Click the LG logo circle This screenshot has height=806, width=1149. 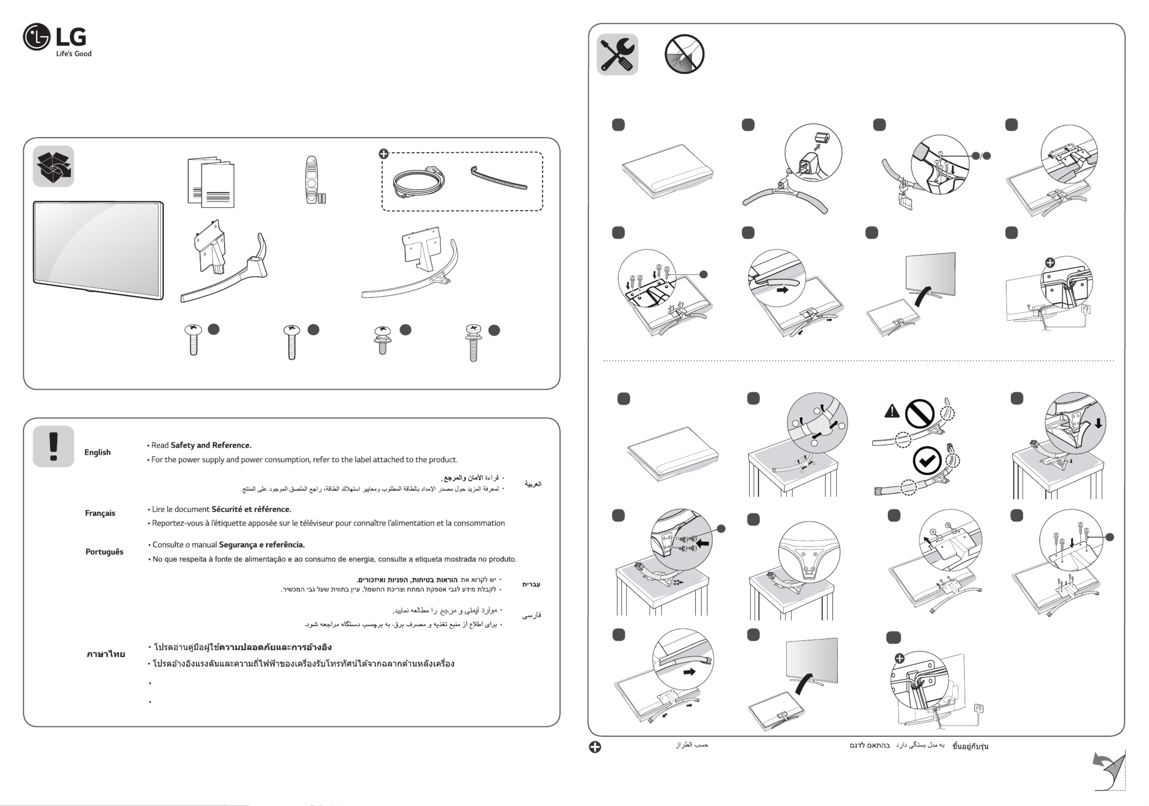[x=36, y=37]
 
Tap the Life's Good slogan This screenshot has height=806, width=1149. [x=74, y=54]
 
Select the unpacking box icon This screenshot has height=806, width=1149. [x=54, y=166]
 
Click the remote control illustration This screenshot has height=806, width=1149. [x=312, y=179]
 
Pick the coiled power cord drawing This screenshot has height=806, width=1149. [x=418, y=182]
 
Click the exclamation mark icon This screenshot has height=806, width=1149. [x=54, y=446]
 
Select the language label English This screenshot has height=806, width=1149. [x=98, y=452]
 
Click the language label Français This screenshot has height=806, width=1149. [x=100, y=513]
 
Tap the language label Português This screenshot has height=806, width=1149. [x=104, y=552]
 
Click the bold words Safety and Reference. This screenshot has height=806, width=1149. [x=211, y=445]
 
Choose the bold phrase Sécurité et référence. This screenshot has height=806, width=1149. [x=251, y=509]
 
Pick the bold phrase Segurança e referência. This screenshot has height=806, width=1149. [x=262, y=545]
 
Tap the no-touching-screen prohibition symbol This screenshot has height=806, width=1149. [x=684, y=54]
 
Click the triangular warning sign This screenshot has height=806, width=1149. [x=892, y=412]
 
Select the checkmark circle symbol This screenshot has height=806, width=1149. [x=927, y=460]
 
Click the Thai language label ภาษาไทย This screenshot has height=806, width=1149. [x=106, y=654]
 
